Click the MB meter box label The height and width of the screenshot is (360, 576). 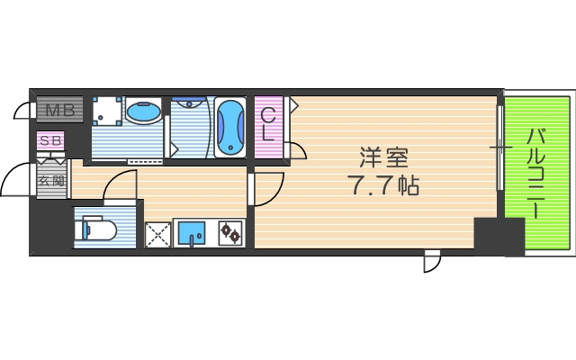(60, 112)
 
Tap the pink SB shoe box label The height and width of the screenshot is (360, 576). (50, 141)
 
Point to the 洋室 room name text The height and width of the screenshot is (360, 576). (384, 159)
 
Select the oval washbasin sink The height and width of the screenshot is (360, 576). (142, 113)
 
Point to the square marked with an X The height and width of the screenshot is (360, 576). (158, 235)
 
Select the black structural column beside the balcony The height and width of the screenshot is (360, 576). (498, 236)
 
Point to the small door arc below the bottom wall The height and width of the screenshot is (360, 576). (432, 262)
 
